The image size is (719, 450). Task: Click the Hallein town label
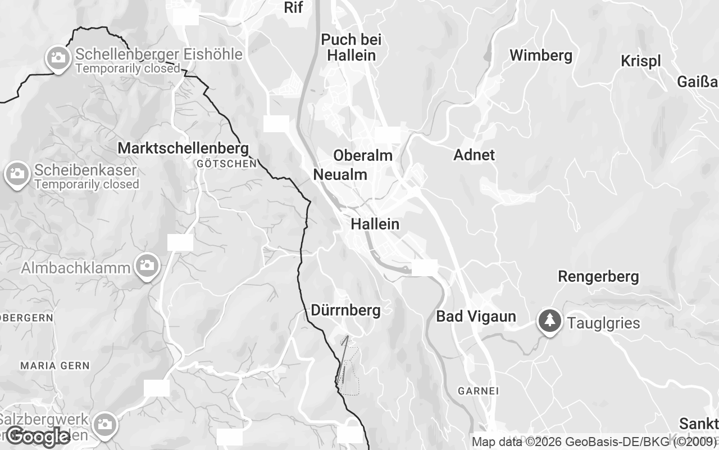pos(375,224)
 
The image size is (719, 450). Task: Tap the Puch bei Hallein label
pos(351,47)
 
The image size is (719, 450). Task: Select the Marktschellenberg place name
pos(183,148)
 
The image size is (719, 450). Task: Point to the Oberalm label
pos(362,155)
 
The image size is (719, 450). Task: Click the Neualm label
pos(340,174)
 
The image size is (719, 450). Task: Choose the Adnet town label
pos(474,155)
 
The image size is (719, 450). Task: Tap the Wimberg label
pos(540,55)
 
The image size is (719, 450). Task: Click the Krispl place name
pos(640,61)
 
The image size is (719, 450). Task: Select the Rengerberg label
pos(598,276)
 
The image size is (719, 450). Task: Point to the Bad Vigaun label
pos(476,316)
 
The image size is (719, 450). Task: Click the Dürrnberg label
pos(345,310)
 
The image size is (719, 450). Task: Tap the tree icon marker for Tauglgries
pos(549,321)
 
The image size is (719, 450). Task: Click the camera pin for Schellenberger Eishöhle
pos(57,57)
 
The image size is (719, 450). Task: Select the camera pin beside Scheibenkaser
pos(17,173)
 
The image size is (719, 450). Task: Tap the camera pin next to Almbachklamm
pos(147,265)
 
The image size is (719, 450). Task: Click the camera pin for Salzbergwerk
pos(104,424)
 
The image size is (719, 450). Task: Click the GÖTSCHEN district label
pos(227,164)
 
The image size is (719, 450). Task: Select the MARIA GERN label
pos(54,365)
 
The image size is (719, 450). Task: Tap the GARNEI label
pos(478,390)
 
